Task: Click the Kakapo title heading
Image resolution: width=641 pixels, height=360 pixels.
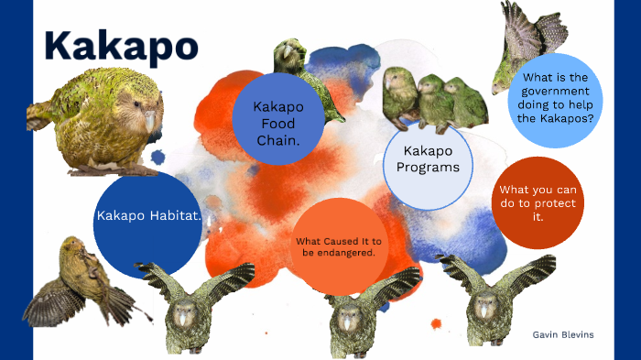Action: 120,44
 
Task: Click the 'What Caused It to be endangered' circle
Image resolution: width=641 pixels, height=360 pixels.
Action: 339,246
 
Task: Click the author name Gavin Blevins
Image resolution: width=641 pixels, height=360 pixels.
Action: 562,334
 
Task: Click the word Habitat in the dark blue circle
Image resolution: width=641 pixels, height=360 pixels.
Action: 177,216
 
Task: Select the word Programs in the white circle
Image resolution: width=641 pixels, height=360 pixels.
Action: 427,168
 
